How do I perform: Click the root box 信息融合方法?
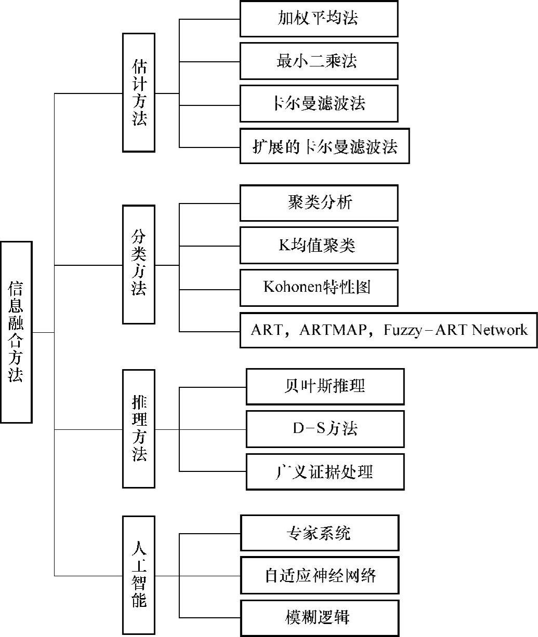(x=16, y=332)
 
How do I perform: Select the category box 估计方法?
(x=138, y=92)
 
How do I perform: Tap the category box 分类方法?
(x=138, y=264)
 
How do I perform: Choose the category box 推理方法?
(x=138, y=429)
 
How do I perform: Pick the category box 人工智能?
(x=138, y=575)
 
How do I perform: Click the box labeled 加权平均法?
(x=319, y=19)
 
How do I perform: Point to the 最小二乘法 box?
(x=319, y=61)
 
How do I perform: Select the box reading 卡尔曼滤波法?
(x=319, y=103)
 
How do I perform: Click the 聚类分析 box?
(x=319, y=202)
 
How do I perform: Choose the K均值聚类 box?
(x=319, y=245)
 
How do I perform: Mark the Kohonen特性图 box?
(x=319, y=287)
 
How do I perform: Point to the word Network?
(x=500, y=330)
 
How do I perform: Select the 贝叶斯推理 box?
(x=325, y=386)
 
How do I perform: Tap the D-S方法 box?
(x=325, y=429)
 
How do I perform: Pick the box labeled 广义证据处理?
(x=325, y=471)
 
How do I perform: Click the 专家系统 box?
(x=319, y=533)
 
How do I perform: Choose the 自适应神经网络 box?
(x=319, y=575)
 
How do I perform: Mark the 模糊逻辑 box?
(x=319, y=618)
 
